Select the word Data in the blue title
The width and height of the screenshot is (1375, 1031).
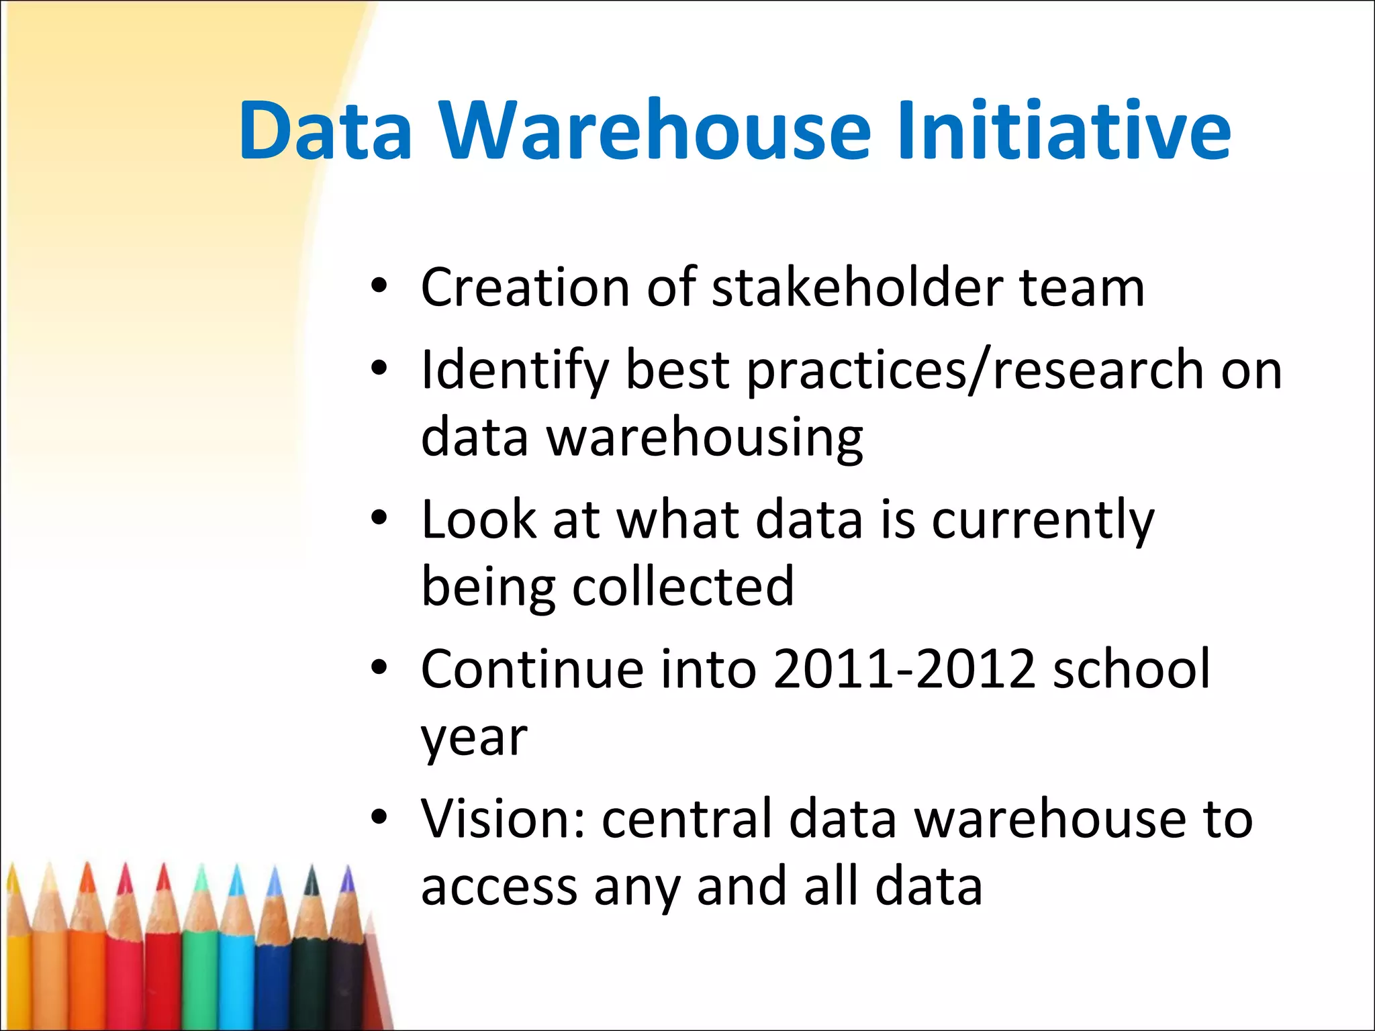(326, 131)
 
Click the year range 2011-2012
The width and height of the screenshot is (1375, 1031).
(904, 670)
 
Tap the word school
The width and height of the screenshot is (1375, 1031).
(1131, 670)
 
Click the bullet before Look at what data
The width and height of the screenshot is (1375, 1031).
(379, 518)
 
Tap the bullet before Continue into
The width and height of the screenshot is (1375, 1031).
(379, 668)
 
